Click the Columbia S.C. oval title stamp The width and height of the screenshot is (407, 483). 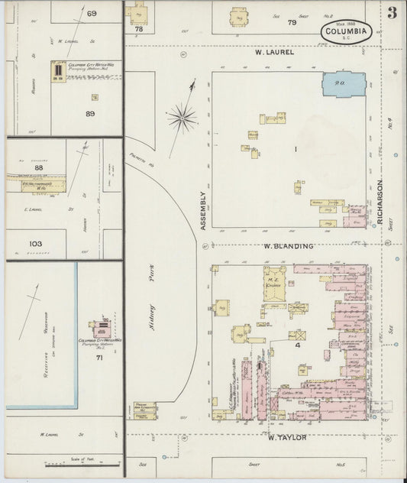click(346, 32)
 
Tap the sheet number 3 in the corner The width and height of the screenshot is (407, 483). click(391, 12)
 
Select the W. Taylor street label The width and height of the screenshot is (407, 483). click(287, 437)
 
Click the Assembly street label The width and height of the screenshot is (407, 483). click(204, 210)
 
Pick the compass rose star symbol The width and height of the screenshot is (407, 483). click(182, 118)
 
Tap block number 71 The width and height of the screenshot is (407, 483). click(99, 358)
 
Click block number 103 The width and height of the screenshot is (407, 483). click(35, 245)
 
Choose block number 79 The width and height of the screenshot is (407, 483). click(291, 22)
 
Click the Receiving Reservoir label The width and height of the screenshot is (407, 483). click(34, 315)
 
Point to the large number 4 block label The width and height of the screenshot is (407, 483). click(292, 345)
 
